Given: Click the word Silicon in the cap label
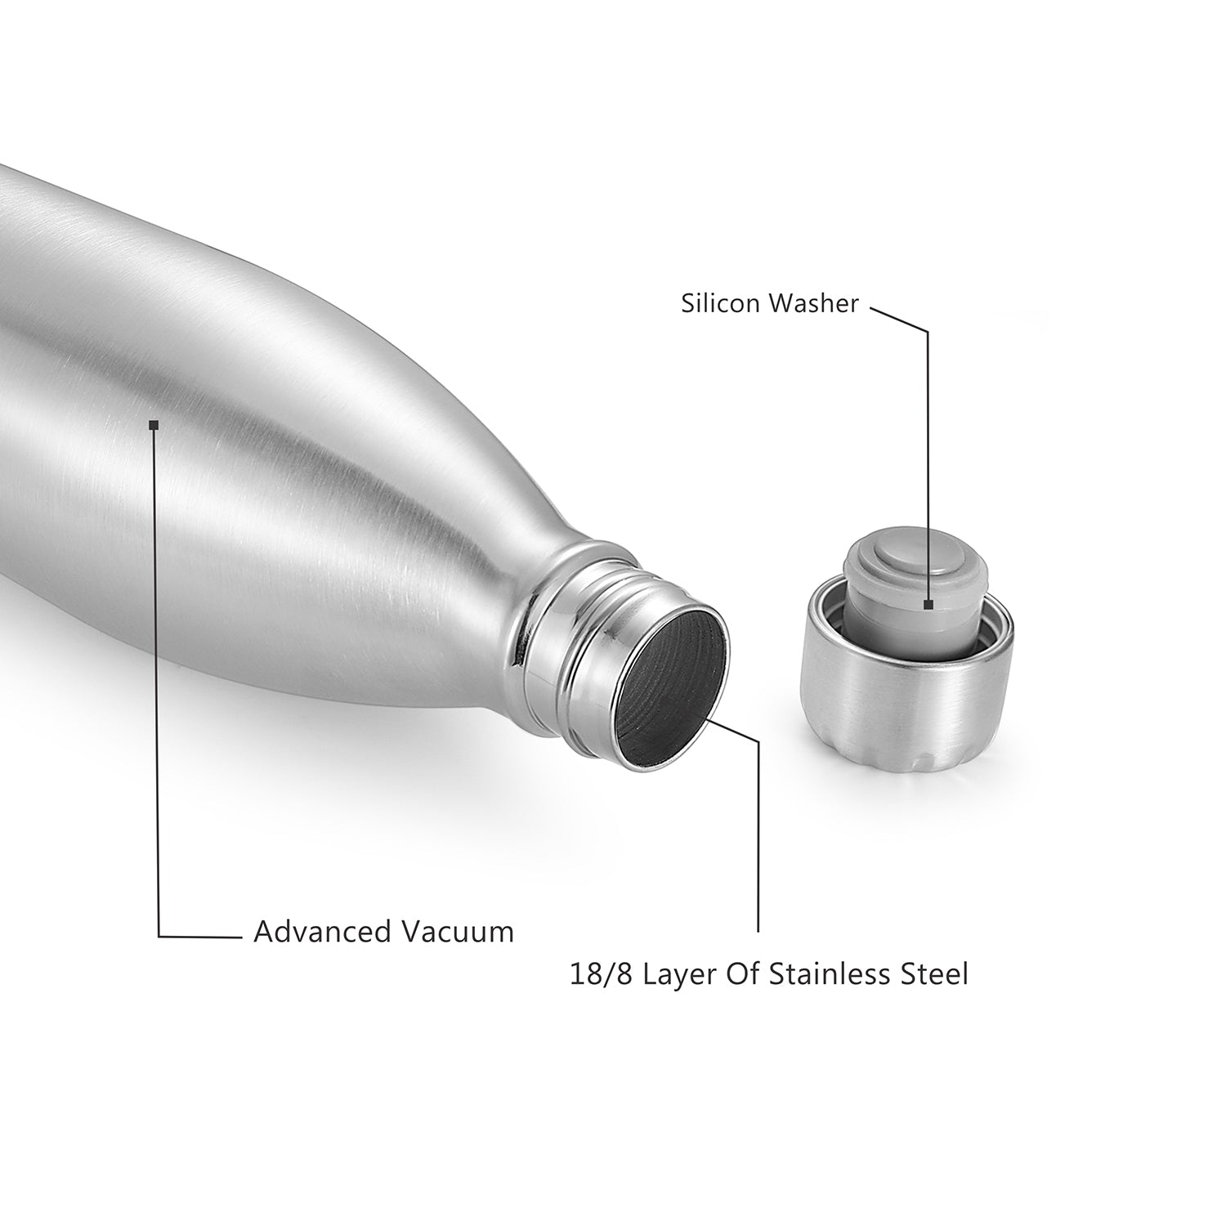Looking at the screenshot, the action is [x=718, y=304].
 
